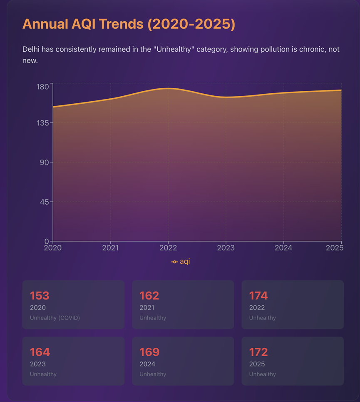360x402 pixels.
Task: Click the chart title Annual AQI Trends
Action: (129, 24)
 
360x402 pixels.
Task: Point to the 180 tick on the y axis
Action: (43, 86)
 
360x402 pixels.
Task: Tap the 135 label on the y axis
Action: (43, 123)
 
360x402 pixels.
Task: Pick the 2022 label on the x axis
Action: (168, 248)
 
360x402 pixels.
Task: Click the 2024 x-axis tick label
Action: (283, 248)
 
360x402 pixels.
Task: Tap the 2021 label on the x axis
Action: (110, 248)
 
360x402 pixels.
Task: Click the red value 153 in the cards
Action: (40, 296)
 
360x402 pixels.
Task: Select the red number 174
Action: (258, 296)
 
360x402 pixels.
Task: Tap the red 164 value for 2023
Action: (40, 352)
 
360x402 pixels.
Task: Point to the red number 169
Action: (149, 352)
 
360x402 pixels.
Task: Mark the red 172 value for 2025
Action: (258, 352)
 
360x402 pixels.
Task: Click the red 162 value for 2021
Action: (149, 296)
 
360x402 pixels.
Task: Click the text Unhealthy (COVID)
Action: (55, 318)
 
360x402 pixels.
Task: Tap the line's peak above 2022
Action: (168, 88)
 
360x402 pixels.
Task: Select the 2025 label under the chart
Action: (335, 248)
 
